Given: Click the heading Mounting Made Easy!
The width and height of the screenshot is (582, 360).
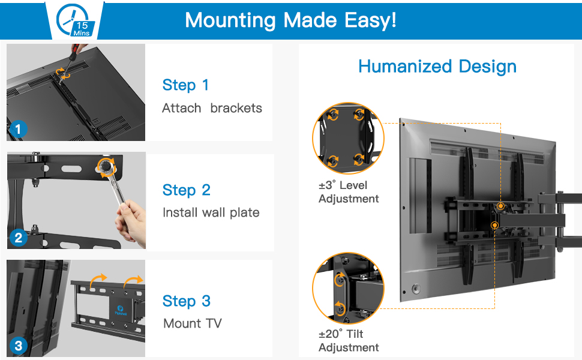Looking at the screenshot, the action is click(290, 20).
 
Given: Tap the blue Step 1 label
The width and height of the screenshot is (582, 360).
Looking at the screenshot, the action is click(185, 85).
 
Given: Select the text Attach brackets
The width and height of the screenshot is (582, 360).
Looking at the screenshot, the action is click(212, 108).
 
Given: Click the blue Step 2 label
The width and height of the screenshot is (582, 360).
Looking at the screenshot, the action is click(186, 190).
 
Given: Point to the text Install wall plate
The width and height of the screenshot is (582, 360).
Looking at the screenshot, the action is click(211, 212).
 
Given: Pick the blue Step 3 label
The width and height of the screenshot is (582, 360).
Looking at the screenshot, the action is click(186, 301).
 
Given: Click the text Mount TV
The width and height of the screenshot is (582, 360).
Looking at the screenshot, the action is click(192, 323).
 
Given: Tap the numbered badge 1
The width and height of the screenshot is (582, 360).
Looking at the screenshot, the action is click(18, 128).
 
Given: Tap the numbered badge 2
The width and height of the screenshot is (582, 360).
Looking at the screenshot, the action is click(18, 238).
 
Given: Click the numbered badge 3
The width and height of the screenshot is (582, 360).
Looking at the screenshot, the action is click(18, 346).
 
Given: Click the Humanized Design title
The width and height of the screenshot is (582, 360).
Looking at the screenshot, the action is click(437, 66).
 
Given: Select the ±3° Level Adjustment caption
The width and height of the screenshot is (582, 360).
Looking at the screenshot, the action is click(349, 192).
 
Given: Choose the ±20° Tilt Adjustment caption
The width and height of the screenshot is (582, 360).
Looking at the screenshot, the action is click(349, 341).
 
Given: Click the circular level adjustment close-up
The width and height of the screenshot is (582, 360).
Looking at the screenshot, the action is click(348, 138).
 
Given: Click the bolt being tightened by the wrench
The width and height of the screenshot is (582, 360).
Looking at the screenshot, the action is click(106, 165).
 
